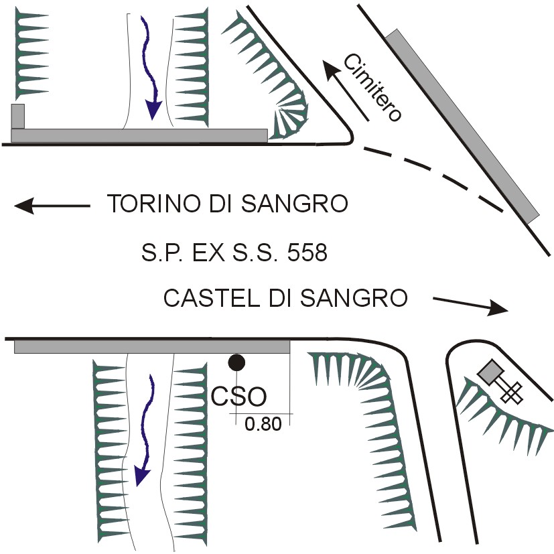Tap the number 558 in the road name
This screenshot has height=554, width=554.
(x=305, y=254)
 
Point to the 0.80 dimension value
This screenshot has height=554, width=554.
(x=263, y=425)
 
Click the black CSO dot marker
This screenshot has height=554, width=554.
(x=236, y=362)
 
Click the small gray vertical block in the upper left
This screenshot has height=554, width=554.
(x=18, y=115)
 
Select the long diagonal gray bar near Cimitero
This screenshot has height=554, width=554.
(x=462, y=126)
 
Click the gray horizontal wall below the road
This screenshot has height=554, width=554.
(x=151, y=346)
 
